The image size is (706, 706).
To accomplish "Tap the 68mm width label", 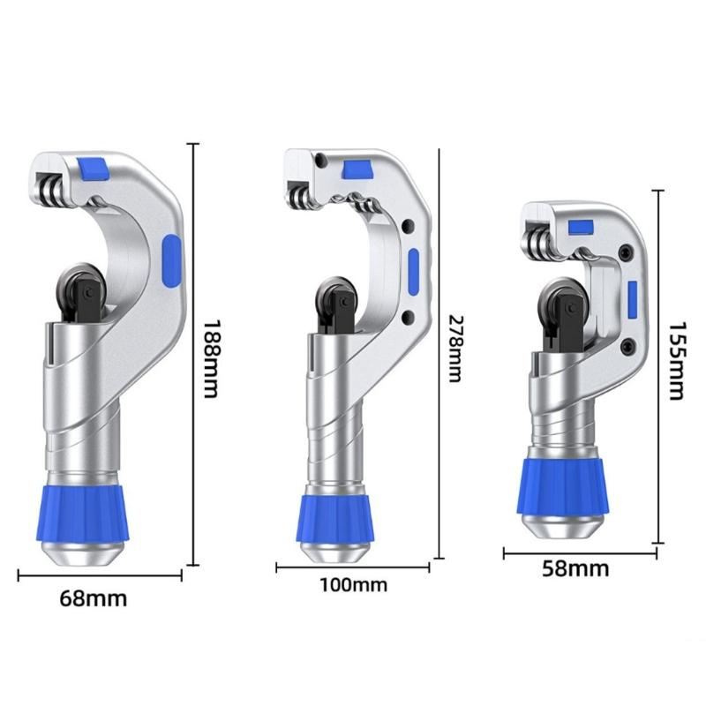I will click(x=94, y=599).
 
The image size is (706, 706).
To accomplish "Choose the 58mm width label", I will click(x=575, y=568).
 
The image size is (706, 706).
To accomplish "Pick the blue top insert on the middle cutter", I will click(x=357, y=169).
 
